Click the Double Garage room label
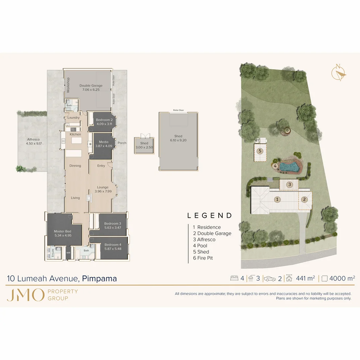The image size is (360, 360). pos(91,86)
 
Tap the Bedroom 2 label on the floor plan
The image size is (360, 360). pos(104,120)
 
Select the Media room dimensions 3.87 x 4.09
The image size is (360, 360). pos(104,146)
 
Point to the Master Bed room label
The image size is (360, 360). pos(63,231)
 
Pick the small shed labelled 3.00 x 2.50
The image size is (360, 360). pos(144,145)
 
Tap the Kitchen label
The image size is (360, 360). pos(75,134)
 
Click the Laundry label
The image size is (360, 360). pos(73,118)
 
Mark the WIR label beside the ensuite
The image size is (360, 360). pos(68,253)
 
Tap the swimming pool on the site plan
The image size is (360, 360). pos(289,167)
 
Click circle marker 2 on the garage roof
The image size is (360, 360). pos(304,200)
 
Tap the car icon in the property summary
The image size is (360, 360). pos(270,279)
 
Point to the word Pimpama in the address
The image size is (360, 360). pos(99,278)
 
